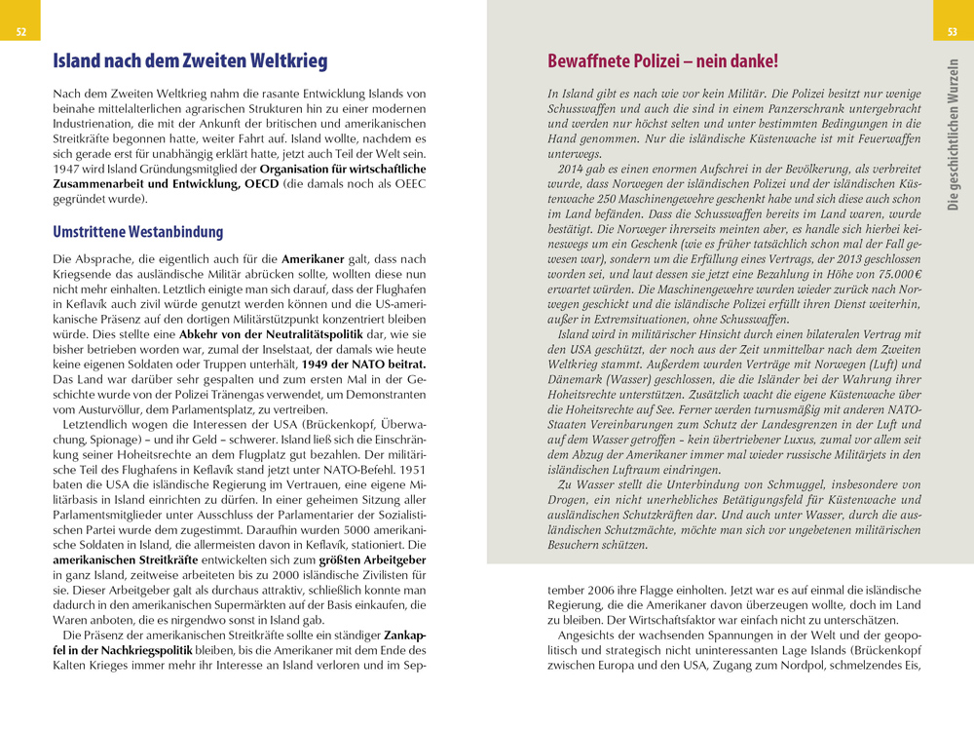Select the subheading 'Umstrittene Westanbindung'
[x=138, y=232]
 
